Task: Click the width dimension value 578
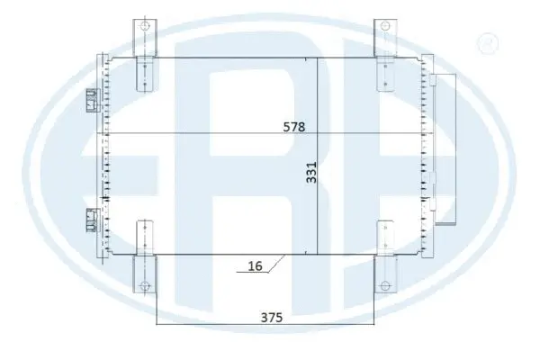(x=292, y=127)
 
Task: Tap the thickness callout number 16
(x=256, y=266)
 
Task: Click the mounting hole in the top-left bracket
(x=141, y=26)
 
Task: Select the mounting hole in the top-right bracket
(x=385, y=26)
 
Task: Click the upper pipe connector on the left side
(x=91, y=100)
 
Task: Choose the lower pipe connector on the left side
(x=91, y=218)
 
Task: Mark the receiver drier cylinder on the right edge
(x=445, y=148)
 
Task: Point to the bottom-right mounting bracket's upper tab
(x=385, y=236)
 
